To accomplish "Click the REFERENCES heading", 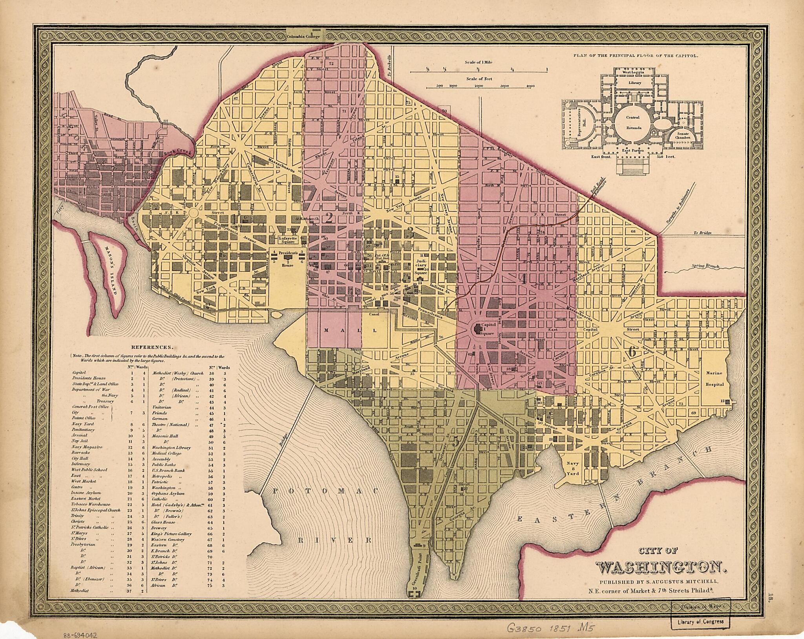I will tap(152, 347).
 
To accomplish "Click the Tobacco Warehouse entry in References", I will tap(91, 504).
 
